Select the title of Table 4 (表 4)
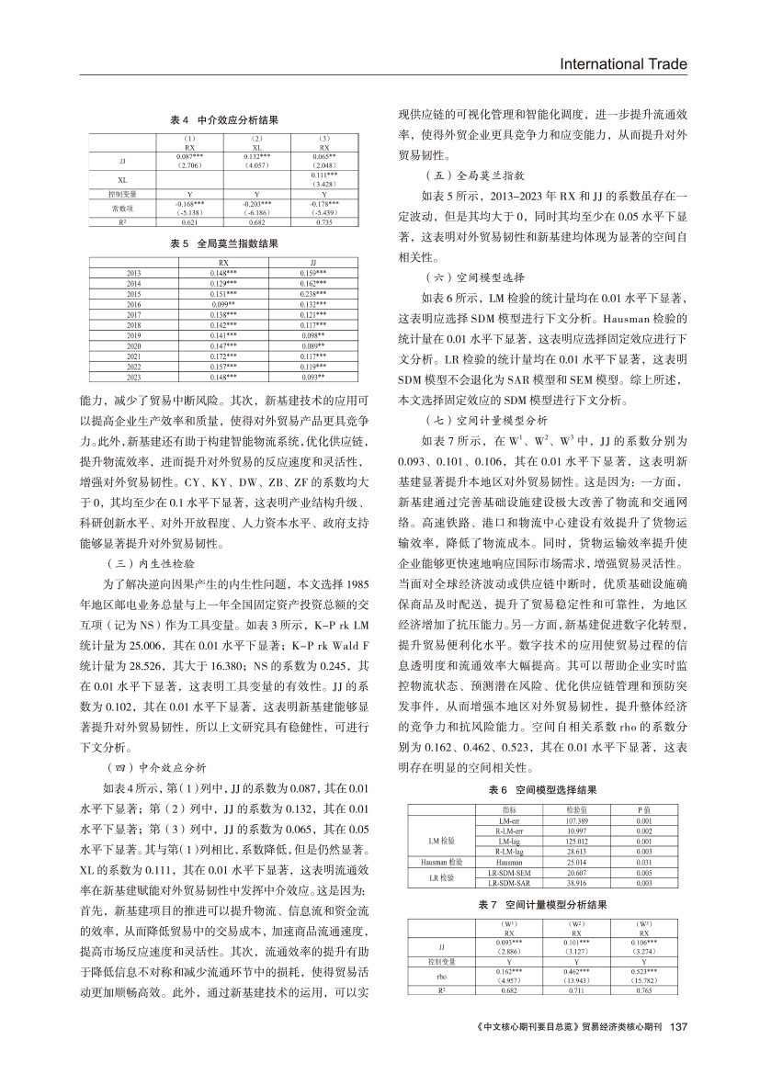coord(224,120)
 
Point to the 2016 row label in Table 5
coord(134,303)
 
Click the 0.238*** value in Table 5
coord(313,293)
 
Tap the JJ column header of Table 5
coord(313,263)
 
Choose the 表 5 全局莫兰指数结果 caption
coord(224,244)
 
